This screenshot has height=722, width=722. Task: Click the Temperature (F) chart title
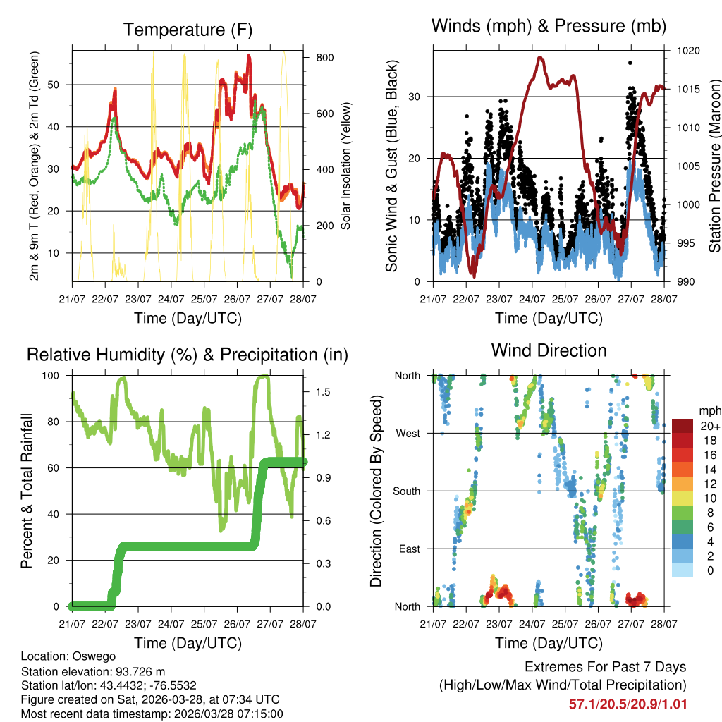(x=187, y=30)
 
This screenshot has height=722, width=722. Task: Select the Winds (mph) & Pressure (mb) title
(x=549, y=26)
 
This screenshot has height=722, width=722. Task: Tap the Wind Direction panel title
(x=549, y=350)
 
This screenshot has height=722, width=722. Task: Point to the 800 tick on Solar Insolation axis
(x=325, y=57)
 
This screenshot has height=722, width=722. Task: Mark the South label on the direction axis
(x=406, y=491)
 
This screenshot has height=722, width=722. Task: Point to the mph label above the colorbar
(x=709, y=410)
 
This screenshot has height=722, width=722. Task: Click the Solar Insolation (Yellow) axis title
(x=345, y=166)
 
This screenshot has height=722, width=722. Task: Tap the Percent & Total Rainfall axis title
(x=26, y=491)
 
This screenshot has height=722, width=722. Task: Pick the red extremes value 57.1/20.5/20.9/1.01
(x=628, y=703)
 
